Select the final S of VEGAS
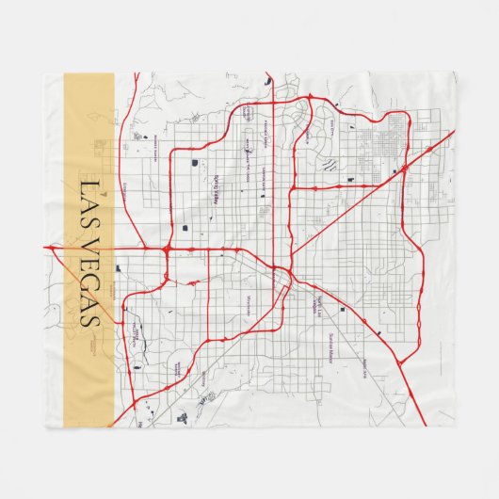[x=89, y=320]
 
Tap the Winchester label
[x=248, y=303]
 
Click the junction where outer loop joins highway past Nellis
[x=428, y=150]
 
